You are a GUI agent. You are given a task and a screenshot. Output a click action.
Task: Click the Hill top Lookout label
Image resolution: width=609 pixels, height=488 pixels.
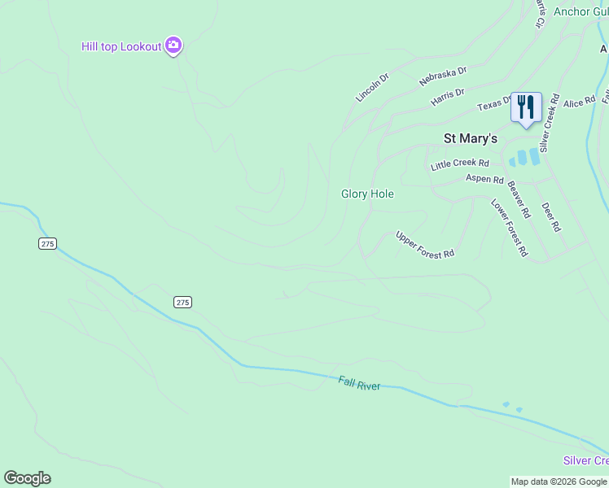click(x=121, y=46)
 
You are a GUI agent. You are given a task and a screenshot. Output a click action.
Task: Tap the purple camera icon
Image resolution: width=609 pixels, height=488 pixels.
click(x=173, y=46)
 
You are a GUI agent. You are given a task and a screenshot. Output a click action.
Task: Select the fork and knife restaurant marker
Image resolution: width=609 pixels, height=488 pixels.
click(x=526, y=107)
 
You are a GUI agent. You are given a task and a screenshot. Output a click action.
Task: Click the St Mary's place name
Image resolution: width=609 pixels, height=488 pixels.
click(x=470, y=139)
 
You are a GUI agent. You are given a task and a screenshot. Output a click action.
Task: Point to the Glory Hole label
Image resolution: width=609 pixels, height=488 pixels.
click(x=367, y=194)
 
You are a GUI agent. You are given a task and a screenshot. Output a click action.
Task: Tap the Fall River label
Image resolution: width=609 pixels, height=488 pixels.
click(x=359, y=383)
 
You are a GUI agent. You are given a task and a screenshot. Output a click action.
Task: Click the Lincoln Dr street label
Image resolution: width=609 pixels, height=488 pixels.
click(x=372, y=87)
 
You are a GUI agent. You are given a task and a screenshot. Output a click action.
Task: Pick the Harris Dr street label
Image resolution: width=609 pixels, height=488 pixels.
click(x=448, y=98)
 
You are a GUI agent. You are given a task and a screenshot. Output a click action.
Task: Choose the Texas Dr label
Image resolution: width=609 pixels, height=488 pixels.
click(x=493, y=105)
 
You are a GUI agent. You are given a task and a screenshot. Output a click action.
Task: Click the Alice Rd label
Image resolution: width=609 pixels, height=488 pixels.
click(x=580, y=103)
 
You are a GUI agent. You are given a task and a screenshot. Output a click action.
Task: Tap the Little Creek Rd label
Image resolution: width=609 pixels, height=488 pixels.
click(x=460, y=164)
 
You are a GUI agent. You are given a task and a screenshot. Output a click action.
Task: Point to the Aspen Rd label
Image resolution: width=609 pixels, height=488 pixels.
click(x=484, y=179)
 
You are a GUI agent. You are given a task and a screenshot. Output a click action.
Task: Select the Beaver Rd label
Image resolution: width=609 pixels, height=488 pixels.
click(x=519, y=198)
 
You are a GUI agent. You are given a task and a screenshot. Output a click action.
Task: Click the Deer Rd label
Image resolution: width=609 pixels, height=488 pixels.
click(x=550, y=217)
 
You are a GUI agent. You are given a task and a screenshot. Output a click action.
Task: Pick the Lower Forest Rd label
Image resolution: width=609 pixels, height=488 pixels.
click(x=509, y=227)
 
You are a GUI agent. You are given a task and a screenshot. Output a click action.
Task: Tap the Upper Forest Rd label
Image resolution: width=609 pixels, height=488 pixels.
click(x=425, y=245)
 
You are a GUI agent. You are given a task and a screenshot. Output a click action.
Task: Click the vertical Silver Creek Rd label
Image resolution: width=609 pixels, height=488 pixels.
click(x=549, y=123)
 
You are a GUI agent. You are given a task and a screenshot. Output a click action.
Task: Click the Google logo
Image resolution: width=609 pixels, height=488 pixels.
click(x=27, y=478)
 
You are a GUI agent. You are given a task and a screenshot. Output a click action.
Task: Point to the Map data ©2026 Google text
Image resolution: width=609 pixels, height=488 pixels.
click(x=559, y=481)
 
